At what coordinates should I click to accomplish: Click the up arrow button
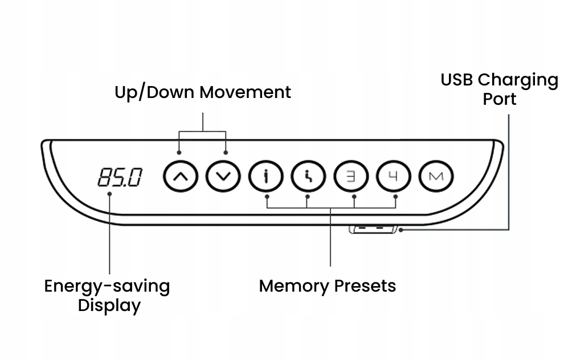point(181,177)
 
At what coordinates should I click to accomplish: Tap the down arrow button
point(223,177)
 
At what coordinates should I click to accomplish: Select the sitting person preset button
point(309,177)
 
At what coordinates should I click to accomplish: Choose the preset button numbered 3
point(351,177)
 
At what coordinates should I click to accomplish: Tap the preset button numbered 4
point(394,177)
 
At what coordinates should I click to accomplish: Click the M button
point(436,177)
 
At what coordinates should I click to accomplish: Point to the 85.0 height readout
point(120,178)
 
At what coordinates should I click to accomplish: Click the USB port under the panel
point(373,230)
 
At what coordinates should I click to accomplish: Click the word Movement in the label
point(246,92)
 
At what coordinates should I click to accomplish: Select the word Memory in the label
point(293,287)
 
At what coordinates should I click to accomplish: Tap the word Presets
point(365,286)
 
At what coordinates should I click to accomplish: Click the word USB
point(457,80)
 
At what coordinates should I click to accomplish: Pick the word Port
point(500,99)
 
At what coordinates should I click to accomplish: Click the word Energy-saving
point(107,287)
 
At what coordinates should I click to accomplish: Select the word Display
point(109,306)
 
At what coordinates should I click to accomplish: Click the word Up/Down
point(156,92)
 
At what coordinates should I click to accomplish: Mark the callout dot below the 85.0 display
point(109,194)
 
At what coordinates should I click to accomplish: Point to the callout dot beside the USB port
point(401,230)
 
